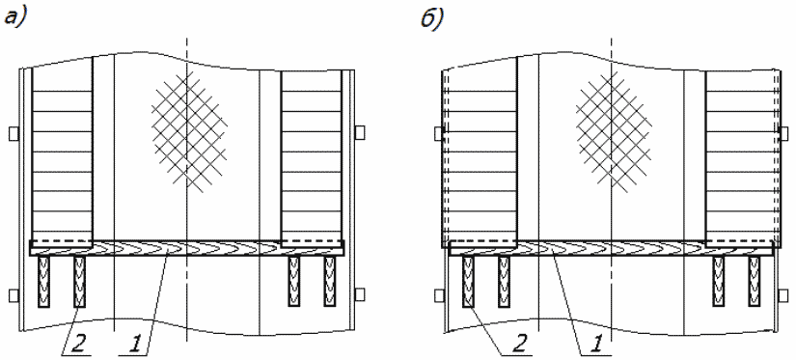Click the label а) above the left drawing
point(15,18)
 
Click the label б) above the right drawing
point(432,18)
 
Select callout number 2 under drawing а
point(80,346)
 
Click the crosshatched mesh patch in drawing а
point(189,131)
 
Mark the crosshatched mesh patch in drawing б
point(614,131)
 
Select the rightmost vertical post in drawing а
point(331,281)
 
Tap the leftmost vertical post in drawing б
point(468,281)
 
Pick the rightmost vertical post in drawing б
point(755,281)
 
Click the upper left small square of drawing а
point(14,133)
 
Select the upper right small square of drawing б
point(783,133)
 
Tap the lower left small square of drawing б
point(439,295)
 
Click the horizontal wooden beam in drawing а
point(187,248)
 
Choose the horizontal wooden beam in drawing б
point(611,248)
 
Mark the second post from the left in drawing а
point(79,281)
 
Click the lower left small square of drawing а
point(14,295)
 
